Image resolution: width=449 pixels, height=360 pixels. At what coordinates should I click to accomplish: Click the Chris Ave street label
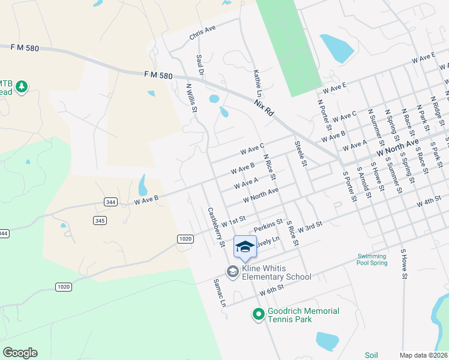(202, 33)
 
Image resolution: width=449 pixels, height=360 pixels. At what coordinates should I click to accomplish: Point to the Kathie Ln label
(258, 83)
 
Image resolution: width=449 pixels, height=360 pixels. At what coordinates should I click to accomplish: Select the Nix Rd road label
(264, 109)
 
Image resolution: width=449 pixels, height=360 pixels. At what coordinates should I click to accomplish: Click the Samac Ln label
(219, 293)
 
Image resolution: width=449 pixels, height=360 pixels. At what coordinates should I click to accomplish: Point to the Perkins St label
(268, 226)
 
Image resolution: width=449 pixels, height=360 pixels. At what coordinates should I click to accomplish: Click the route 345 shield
(100, 221)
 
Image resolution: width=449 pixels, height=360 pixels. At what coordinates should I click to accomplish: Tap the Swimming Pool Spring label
(372, 259)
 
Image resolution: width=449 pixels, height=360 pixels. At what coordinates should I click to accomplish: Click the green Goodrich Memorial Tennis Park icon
(258, 314)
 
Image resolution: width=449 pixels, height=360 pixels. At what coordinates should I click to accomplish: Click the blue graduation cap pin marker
(244, 246)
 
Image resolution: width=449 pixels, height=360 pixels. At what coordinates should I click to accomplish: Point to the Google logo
(20, 352)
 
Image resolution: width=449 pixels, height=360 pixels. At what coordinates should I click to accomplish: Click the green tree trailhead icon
(22, 86)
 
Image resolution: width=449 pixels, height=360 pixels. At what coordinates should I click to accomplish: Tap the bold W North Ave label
(397, 145)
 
